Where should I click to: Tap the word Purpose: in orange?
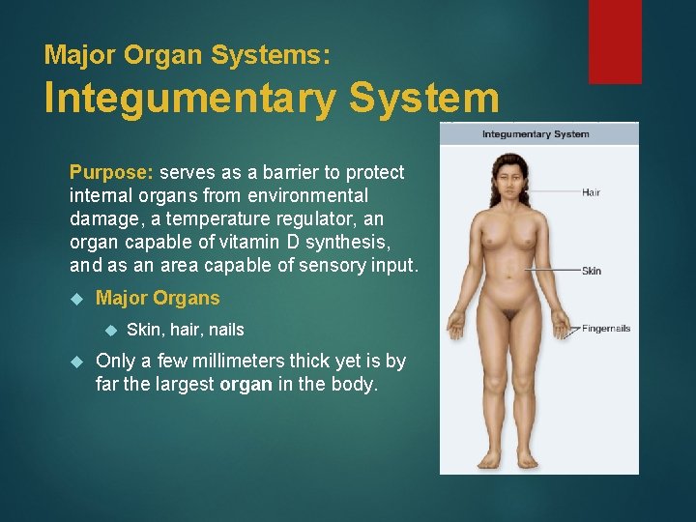pos(111,173)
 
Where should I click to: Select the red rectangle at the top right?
pos(615,41)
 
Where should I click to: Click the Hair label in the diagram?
pos(591,192)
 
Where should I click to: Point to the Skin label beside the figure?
pos(591,271)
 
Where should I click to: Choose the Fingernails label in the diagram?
pos(606,329)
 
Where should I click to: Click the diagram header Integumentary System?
pos(536,134)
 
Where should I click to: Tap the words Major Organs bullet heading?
pos(158,299)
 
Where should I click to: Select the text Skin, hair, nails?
pos(185,330)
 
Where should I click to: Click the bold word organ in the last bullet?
pos(246,385)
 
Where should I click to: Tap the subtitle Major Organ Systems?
pos(187,54)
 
